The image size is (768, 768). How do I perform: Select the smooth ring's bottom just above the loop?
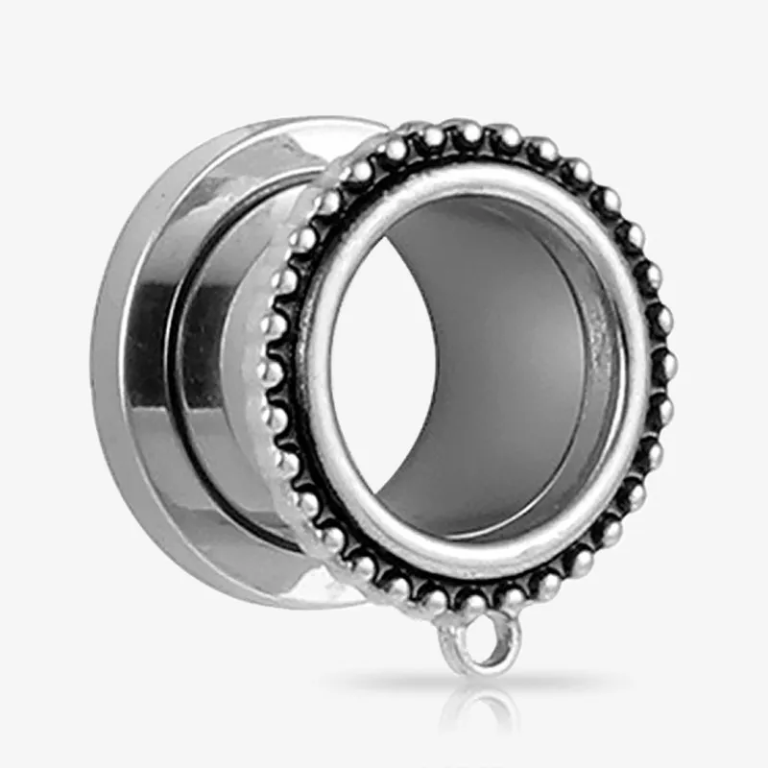pos(480,571)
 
